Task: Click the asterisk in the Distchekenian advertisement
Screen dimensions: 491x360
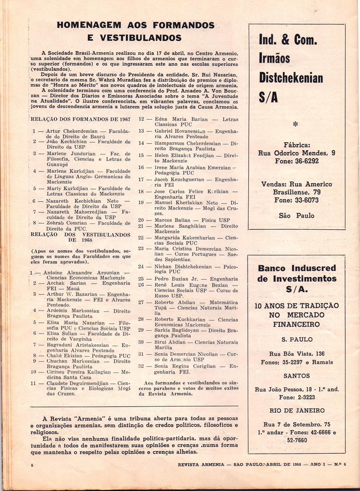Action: pyautogui.click(x=295, y=125)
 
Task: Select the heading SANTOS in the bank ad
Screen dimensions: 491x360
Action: pyautogui.click(x=296, y=375)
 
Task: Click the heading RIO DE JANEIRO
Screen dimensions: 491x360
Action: pyautogui.click(x=296, y=410)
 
